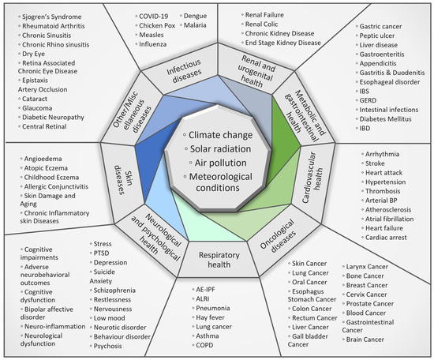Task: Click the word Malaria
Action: point(197,25)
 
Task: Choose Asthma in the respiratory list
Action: point(208,334)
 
